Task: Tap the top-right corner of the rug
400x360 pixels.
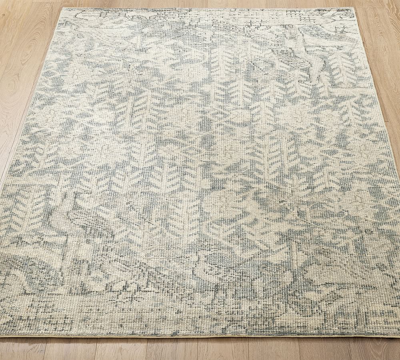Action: [354, 8]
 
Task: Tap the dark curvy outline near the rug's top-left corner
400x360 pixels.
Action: [80, 18]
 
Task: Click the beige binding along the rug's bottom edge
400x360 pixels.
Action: [200, 336]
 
